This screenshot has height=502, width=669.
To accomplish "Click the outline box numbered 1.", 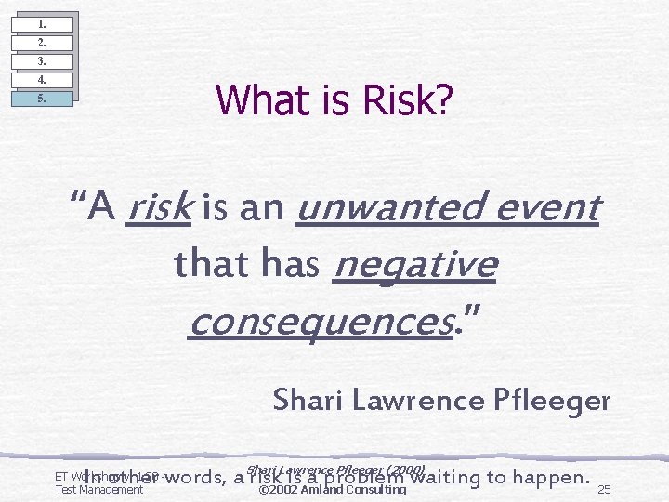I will pos(42,23).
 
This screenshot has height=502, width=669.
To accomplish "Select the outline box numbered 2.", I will pos(42,42).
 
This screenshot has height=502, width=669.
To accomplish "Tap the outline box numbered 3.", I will pos(42,60).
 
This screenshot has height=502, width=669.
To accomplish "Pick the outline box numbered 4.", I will pos(42,79).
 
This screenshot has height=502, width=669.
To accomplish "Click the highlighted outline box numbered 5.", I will pos(42,98).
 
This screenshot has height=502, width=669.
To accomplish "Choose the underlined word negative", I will pos(414,265).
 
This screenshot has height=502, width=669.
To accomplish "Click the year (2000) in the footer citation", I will pos(403,469).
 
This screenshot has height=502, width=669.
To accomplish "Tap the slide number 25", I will pos(605,490).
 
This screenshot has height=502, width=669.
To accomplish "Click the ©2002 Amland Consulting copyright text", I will pos(332,490).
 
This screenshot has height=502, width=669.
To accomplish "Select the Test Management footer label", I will pos(99,490).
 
